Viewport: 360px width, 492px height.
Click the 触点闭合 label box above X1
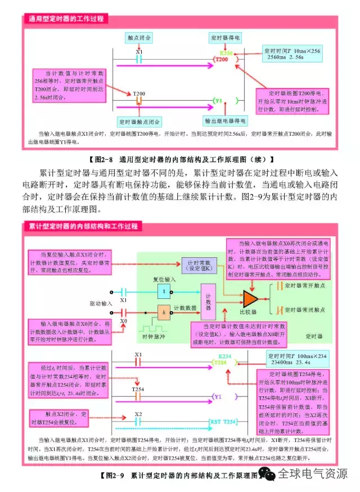139,38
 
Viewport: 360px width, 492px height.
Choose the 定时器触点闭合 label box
139,121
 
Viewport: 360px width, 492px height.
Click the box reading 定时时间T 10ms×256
294,53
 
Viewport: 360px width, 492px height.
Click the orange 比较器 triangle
249,298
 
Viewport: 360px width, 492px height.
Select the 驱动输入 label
100,303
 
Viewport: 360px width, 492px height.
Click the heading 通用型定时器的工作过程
66,19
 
